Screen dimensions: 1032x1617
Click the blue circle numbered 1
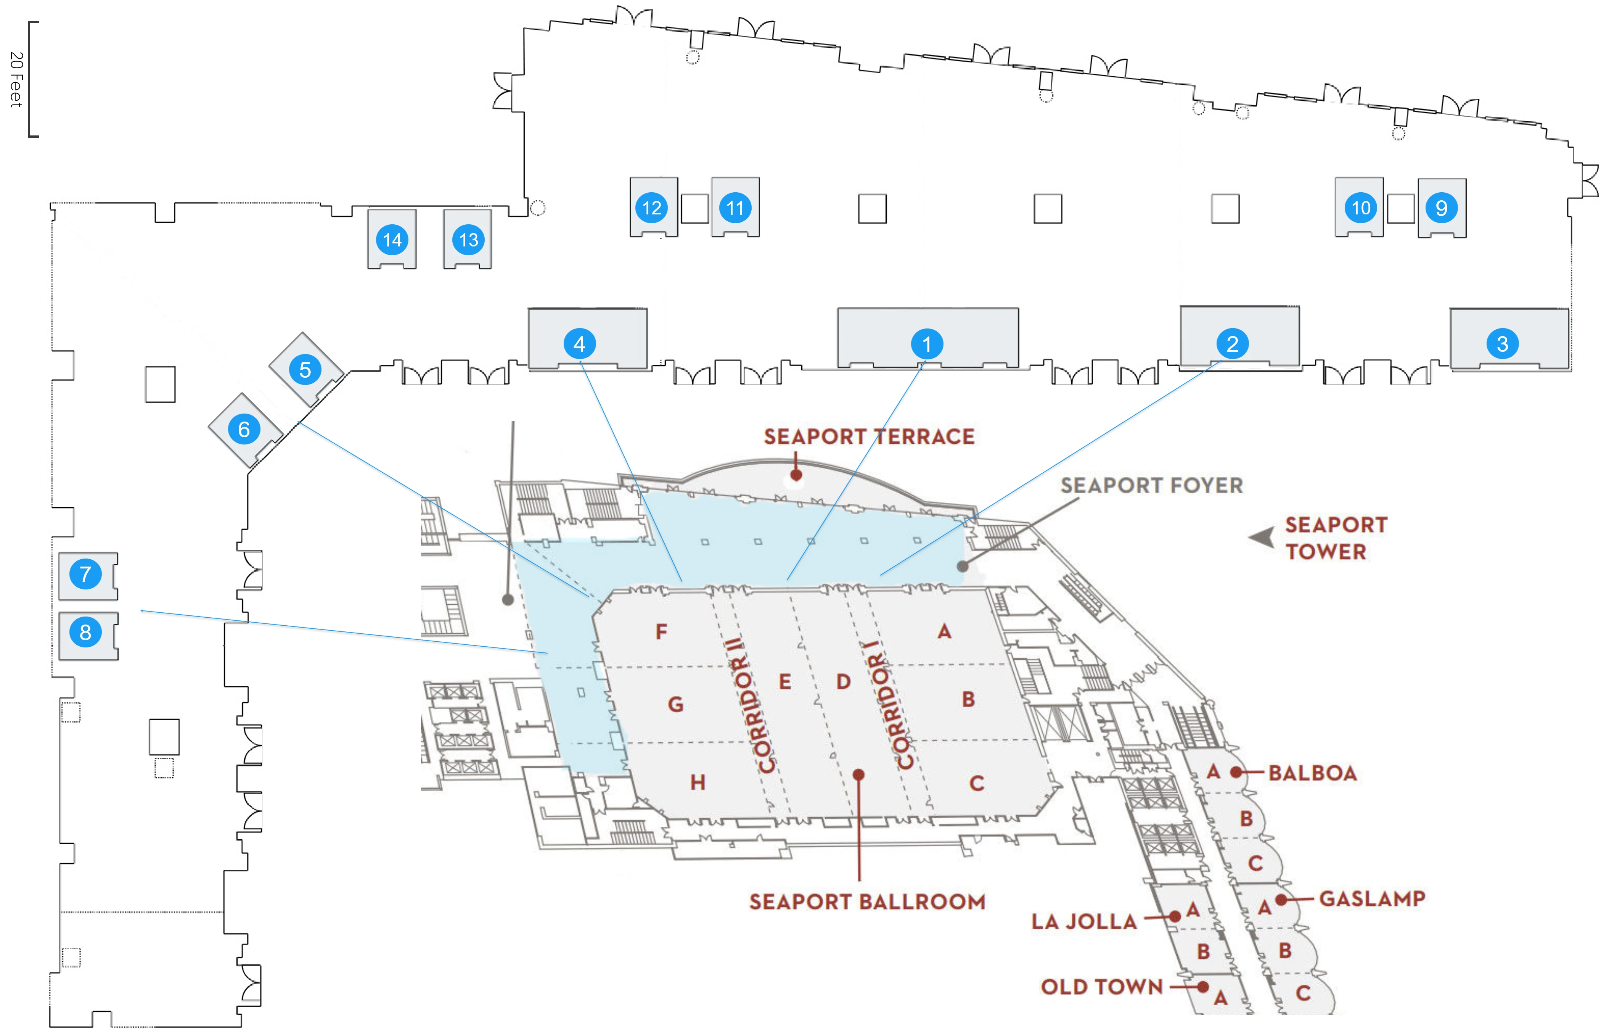click(x=927, y=344)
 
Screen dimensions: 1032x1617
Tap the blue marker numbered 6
click(x=244, y=429)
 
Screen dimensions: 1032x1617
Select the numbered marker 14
click(x=392, y=240)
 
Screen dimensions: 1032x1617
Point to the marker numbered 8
click(x=85, y=632)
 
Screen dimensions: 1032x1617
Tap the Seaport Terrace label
click(x=868, y=437)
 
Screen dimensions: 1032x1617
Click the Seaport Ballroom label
click(x=867, y=902)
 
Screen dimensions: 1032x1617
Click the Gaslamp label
click(x=1371, y=898)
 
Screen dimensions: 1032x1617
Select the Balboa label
click(x=1312, y=773)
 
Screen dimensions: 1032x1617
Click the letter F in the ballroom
click(x=661, y=631)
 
